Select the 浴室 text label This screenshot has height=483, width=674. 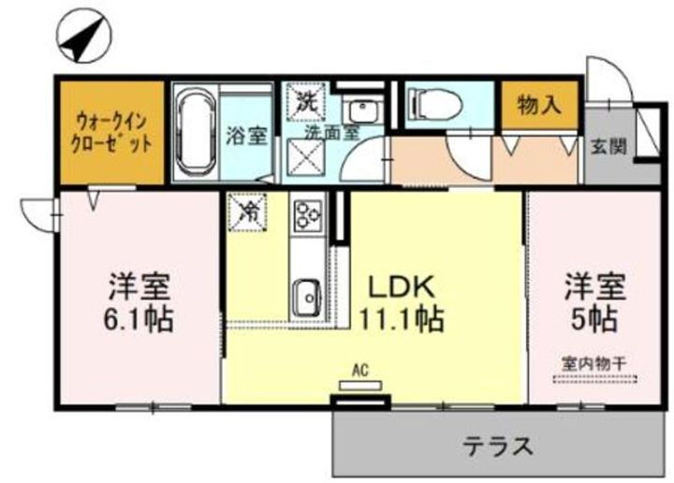click(247, 134)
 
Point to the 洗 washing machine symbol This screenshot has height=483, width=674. click(305, 101)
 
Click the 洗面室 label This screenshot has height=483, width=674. click(329, 133)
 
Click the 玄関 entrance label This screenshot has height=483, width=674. click(608, 147)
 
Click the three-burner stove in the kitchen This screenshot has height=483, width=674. click(306, 216)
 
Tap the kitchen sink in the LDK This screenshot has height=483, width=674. click(305, 297)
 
